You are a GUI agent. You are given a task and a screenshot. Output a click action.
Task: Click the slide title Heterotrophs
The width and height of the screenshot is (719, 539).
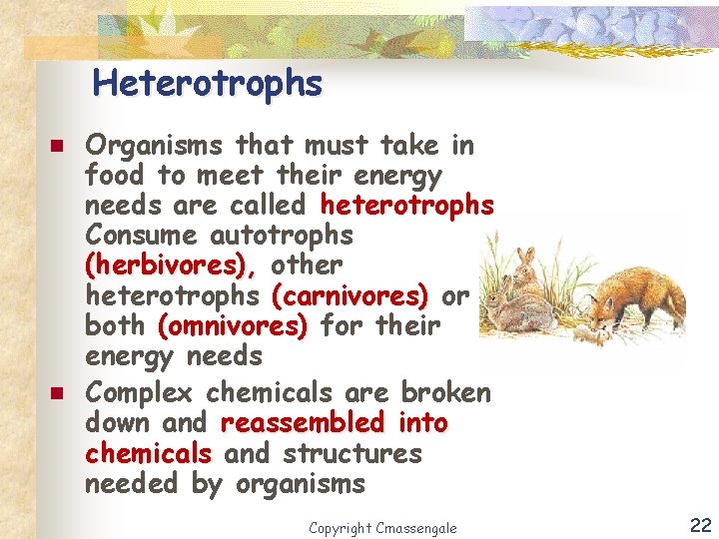click(208, 83)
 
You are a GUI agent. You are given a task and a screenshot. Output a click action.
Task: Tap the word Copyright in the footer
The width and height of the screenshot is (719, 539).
click(341, 527)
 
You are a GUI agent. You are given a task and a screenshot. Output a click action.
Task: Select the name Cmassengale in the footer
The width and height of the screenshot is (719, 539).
click(415, 527)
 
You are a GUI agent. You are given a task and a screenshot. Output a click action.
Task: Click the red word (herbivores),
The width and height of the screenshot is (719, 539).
click(171, 266)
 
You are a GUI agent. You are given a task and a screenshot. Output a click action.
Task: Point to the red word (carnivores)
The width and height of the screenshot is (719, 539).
click(350, 295)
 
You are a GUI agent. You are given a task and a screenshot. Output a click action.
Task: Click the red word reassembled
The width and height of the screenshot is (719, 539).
click(302, 423)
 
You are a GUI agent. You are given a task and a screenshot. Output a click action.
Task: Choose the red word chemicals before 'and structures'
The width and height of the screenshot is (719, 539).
click(148, 454)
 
